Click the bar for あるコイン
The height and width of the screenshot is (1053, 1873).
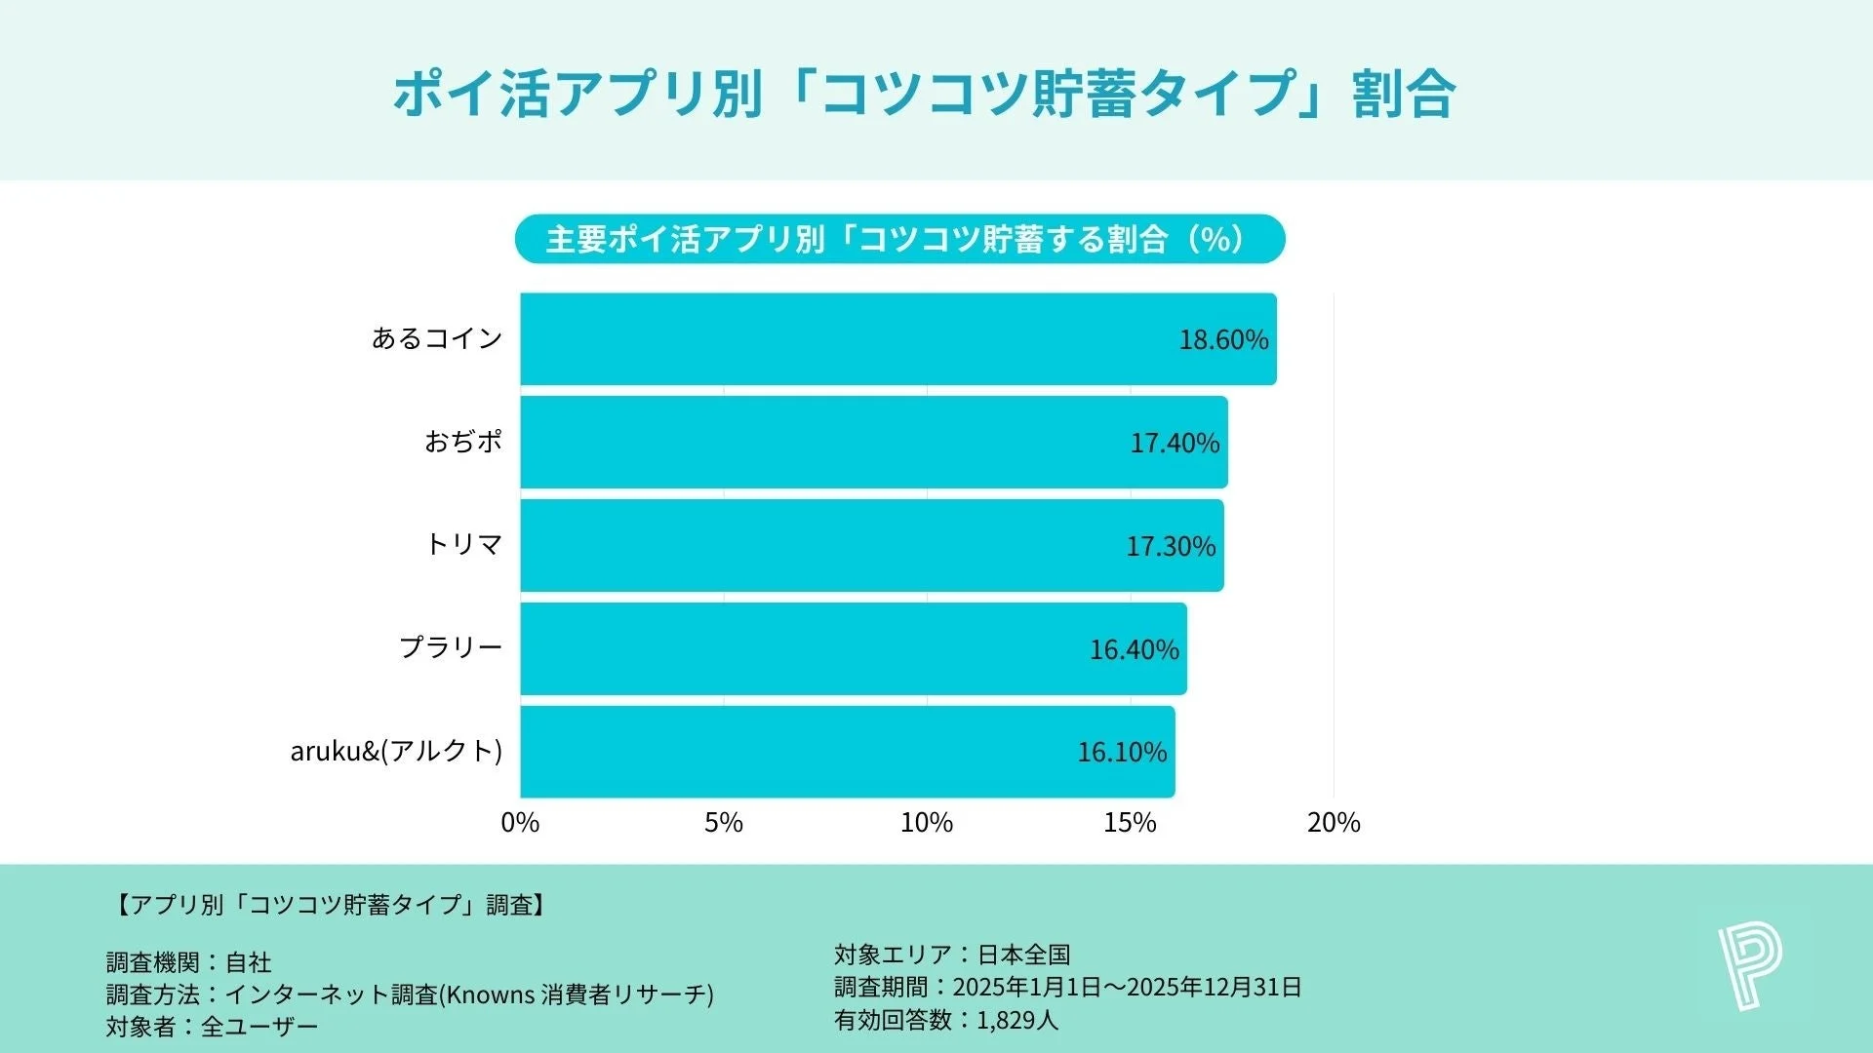point(897,339)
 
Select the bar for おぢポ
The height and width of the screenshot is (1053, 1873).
point(873,442)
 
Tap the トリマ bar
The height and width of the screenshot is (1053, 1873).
point(871,545)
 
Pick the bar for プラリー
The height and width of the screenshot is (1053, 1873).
point(853,648)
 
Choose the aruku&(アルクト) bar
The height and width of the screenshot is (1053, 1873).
point(847,752)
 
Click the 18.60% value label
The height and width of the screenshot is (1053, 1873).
point(1223,339)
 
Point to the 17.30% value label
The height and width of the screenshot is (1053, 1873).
point(1171,546)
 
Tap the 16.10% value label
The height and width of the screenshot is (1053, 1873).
point(1122,752)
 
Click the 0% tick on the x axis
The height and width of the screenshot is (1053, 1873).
point(520,823)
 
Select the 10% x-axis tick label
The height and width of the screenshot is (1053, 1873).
point(927,823)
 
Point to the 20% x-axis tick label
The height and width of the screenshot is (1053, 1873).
point(1334,823)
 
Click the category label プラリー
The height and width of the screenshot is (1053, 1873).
point(451,647)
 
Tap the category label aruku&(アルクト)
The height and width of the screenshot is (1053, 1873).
point(396,751)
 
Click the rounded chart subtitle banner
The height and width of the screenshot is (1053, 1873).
point(899,239)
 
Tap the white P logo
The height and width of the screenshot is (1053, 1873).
point(1749,967)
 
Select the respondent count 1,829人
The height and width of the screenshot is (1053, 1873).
point(1016,1021)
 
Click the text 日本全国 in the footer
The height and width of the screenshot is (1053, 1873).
point(1024,955)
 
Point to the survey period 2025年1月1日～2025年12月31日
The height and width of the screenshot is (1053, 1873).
point(1127,988)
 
